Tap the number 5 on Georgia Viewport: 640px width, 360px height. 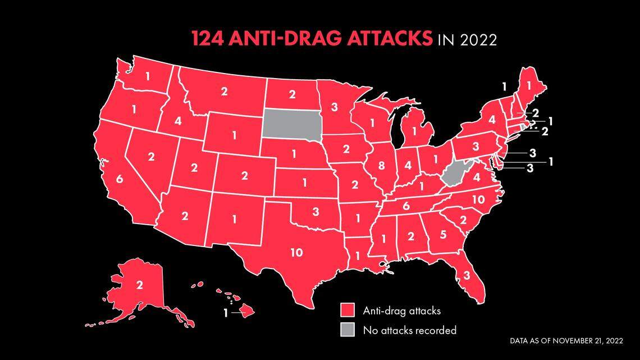442,235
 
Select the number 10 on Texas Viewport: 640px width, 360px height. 296,253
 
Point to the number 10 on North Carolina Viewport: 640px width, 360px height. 478,199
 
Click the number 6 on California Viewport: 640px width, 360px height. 119,179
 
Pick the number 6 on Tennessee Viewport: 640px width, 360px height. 406,206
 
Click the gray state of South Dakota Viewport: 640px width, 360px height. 291,124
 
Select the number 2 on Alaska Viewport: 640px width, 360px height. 139,285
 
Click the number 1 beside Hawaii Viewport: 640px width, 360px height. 226,313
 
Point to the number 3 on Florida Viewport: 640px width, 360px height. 466,275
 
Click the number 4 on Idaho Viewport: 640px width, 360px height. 178,120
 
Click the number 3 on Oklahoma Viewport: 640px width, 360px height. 316,212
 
